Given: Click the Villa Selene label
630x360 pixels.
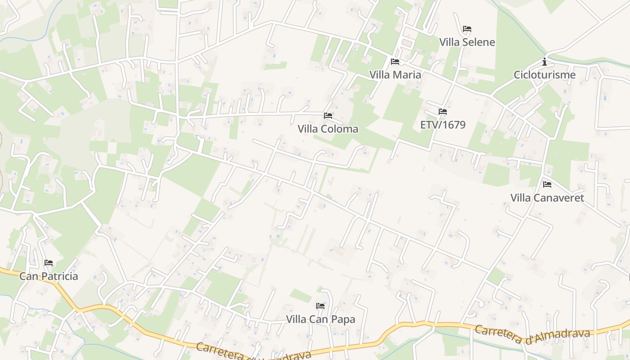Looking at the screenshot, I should click(x=467, y=42).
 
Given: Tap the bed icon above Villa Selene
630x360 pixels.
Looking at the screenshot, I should click(x=467, y=29).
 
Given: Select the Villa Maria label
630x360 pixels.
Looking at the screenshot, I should click(x=395, y=75).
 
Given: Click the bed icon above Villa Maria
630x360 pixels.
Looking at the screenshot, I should click(x=395, y=62).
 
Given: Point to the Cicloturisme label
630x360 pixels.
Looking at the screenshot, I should click(x=544, y=75).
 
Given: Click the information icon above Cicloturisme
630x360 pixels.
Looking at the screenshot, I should click(x=544, y=62).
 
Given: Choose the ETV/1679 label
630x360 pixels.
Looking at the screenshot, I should click(x=443, y=125).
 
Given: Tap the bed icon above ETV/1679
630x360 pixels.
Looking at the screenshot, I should click(x=443, y=112).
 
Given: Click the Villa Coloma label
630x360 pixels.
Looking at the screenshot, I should click(x=328, y=129).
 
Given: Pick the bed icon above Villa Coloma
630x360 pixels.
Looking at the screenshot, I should click(x=328, y=116).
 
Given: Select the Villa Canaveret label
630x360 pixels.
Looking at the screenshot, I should click(x=547, y=198).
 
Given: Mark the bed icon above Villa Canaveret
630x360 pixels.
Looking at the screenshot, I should click(x=547, y=184).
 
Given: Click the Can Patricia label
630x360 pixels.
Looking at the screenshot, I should click(x=49, y=276).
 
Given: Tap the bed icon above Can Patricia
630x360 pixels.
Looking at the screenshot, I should click(x=49, y=263).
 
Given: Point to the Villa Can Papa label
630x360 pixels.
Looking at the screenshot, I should click(x=320, y=319).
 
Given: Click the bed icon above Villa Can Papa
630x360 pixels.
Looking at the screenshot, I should click(x=320, y=306).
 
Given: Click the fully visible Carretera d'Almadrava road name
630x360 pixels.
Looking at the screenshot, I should click(x=532, y=334).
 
